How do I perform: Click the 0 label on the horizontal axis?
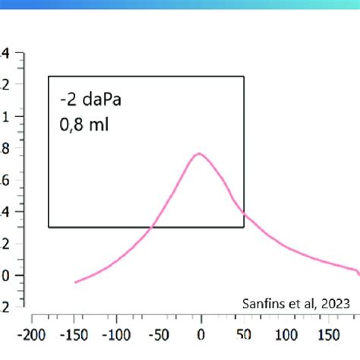201,334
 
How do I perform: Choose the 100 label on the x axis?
286,334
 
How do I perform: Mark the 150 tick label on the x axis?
329,334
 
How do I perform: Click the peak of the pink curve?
200,153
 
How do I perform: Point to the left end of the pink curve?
75,283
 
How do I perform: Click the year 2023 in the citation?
335,302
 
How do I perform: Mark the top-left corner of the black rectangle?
49,76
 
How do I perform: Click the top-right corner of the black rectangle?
245,76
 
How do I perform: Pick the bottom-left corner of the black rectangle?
49,227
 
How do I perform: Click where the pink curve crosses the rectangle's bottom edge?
151,227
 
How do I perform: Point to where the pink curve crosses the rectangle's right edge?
245,213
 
